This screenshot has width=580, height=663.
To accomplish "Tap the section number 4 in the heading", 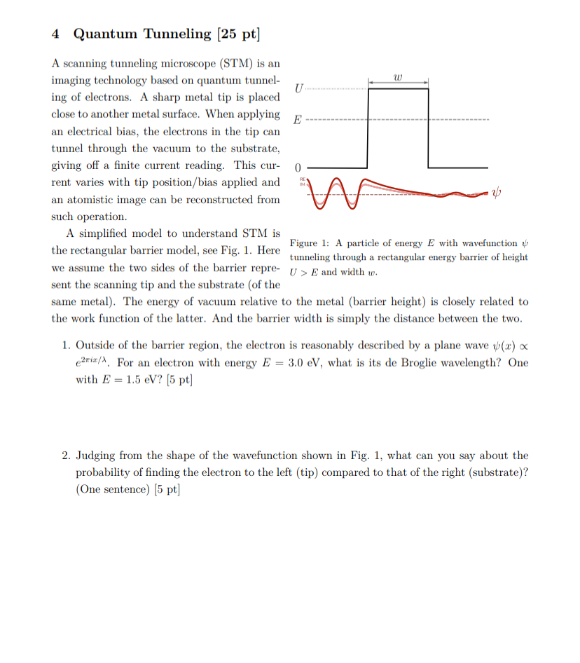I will (56, 34).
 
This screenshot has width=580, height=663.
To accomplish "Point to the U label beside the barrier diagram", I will (299, 88).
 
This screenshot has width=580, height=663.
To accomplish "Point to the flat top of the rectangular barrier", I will (398, 88).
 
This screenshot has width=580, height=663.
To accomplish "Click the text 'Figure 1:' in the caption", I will (309, 243).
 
